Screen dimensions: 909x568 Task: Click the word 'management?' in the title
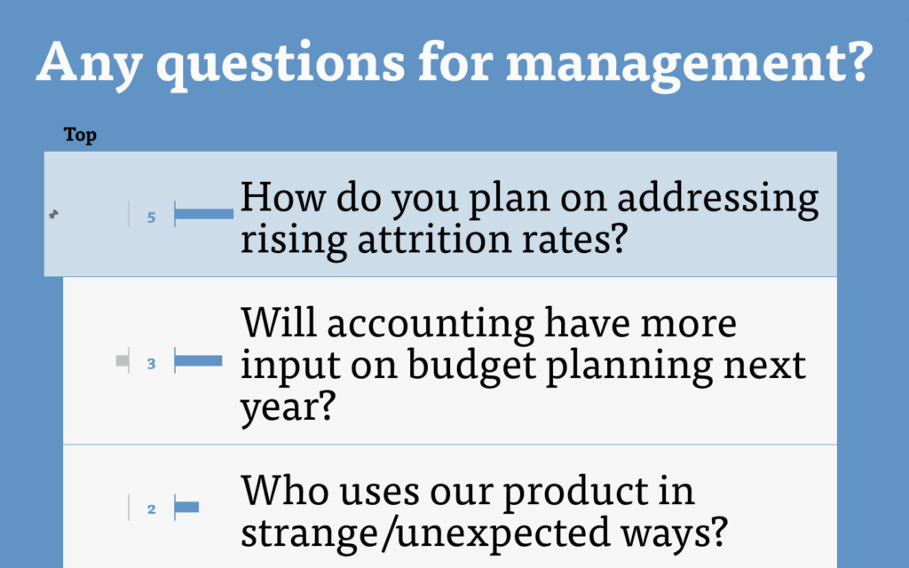pos(689,63)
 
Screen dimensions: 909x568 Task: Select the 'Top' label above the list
pos(80,135)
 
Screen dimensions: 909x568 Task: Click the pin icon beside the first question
pos(53,215)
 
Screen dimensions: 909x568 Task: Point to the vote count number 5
pos(151,217)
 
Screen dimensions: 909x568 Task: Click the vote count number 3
pos(151,363)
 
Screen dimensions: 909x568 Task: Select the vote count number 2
pos(151,509)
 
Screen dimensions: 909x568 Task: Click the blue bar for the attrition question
pos(204,215)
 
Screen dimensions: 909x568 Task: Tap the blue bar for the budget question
pos(198,361)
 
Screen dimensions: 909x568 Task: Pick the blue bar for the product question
pos(186,507)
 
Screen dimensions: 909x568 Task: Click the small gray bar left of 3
pos(123,361)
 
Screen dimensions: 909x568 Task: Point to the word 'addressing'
pos(717,199)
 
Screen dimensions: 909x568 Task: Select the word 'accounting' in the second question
pos(431,323)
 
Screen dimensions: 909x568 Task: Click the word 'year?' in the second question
pos(289,407)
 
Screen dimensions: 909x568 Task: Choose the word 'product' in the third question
pos(597,492)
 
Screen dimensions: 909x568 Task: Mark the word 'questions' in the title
pos(281,64)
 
